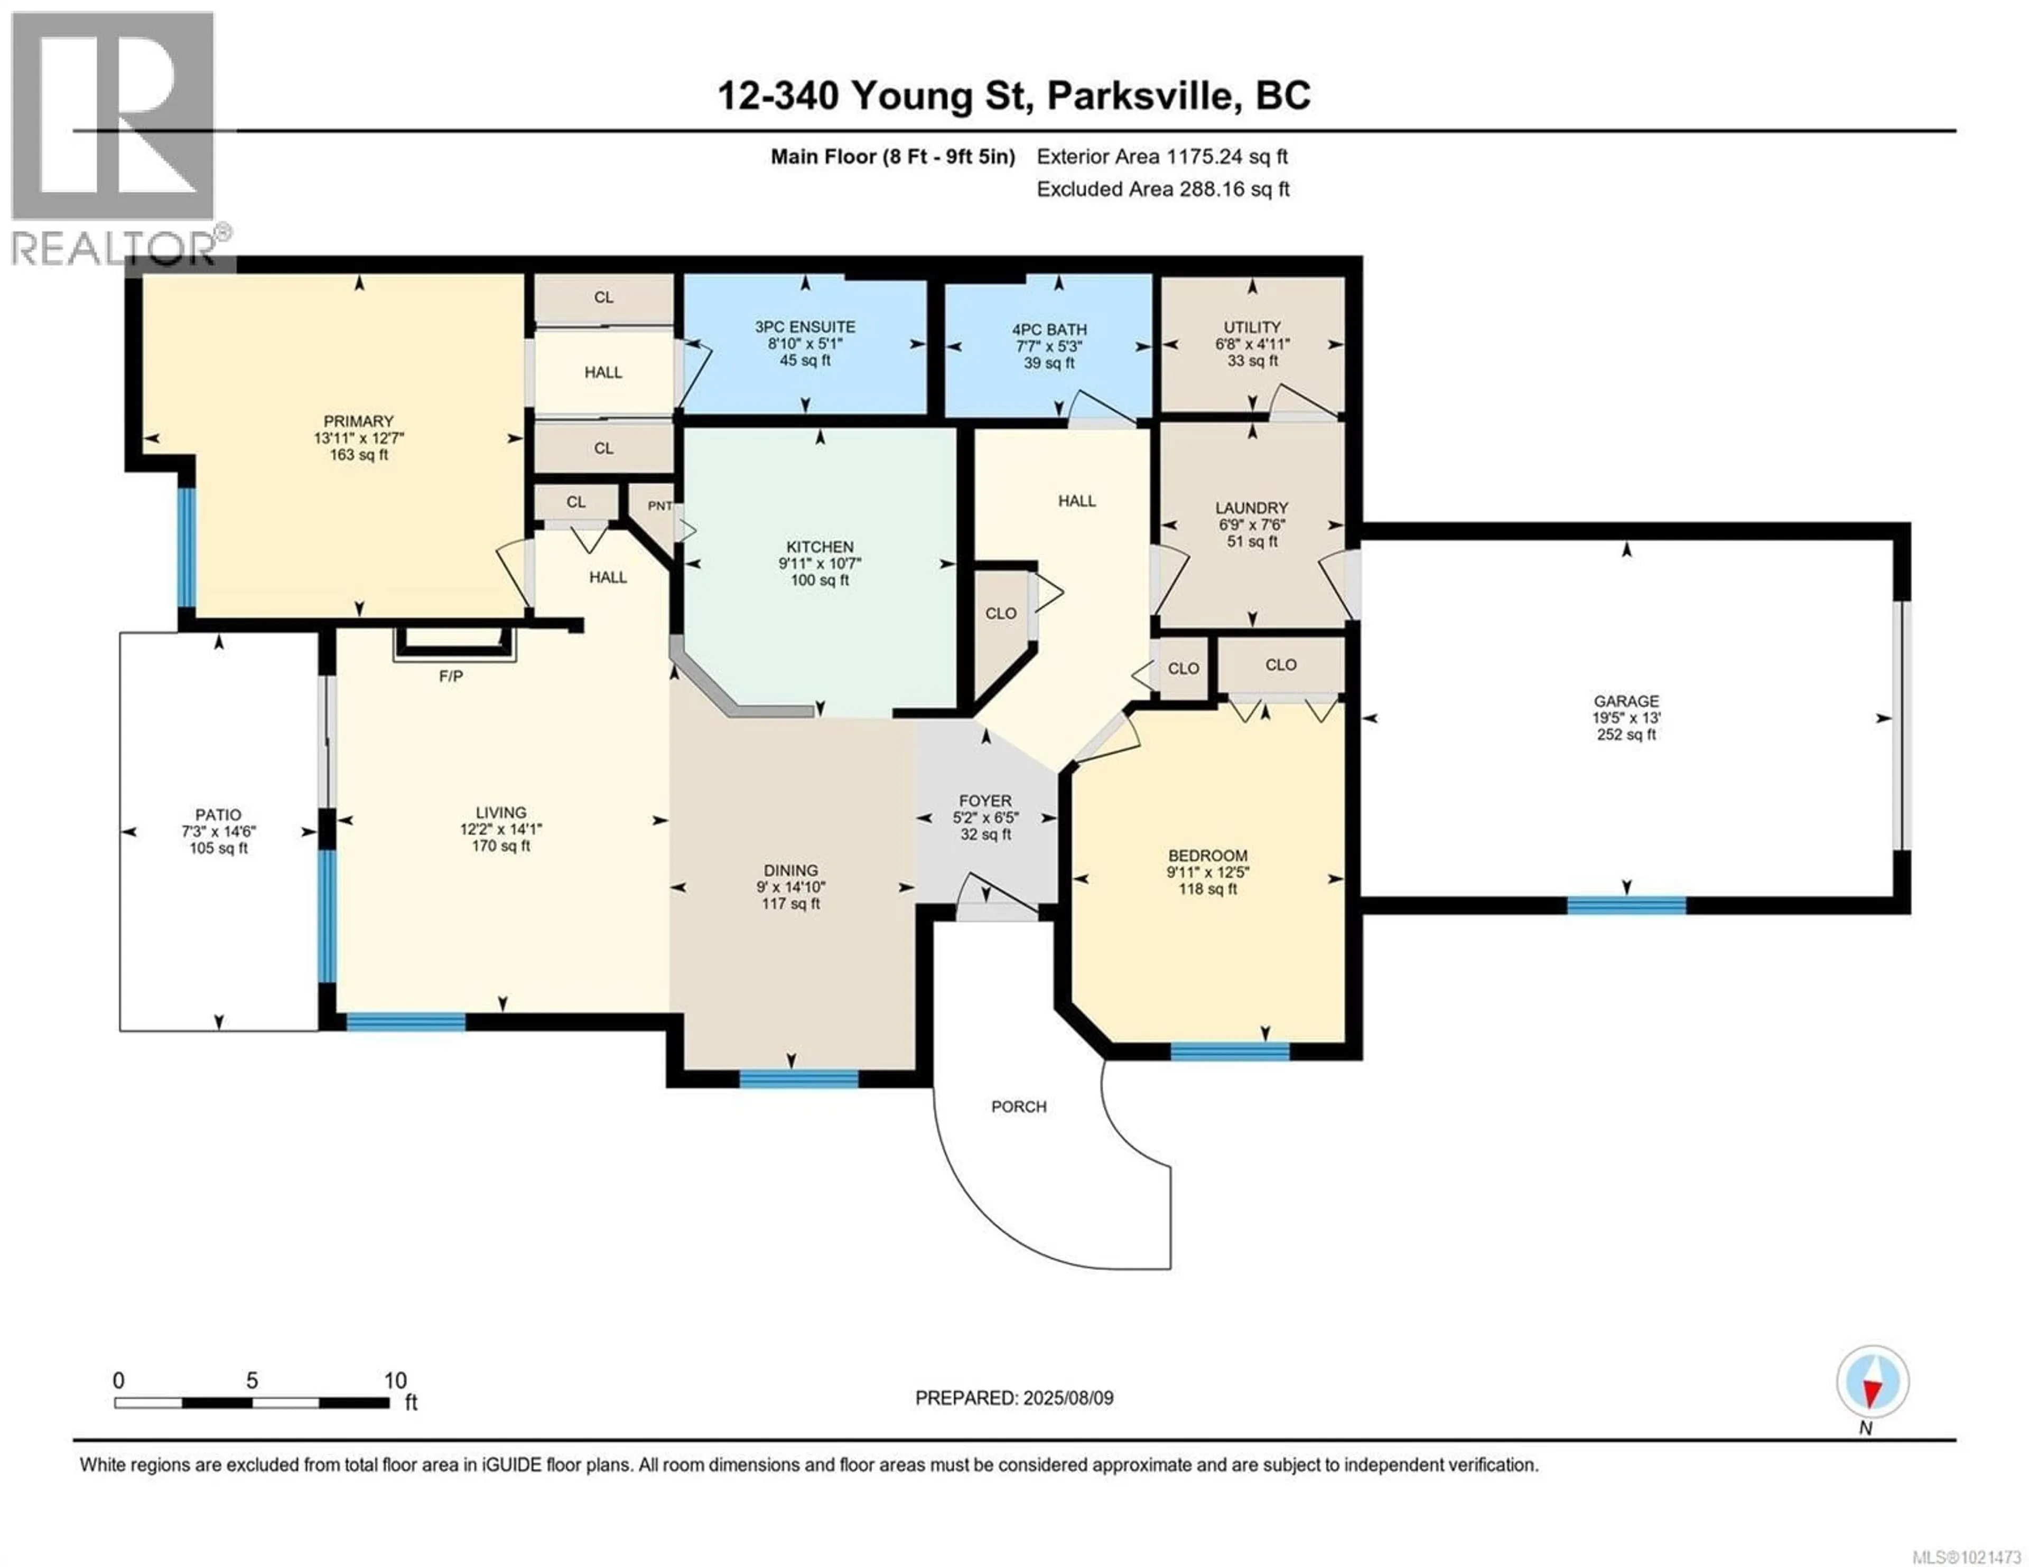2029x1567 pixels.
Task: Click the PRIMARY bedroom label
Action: click(359, 421)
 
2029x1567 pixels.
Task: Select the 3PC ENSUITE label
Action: click(805, 327)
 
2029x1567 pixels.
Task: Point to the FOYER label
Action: click(985, 801)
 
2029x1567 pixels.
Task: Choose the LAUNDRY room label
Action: click(1251, 508)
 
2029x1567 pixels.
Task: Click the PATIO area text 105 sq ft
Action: click(218, 848)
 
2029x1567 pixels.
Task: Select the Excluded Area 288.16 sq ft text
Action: click(1163, 190)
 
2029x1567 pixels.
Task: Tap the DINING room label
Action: click(790, 870)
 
